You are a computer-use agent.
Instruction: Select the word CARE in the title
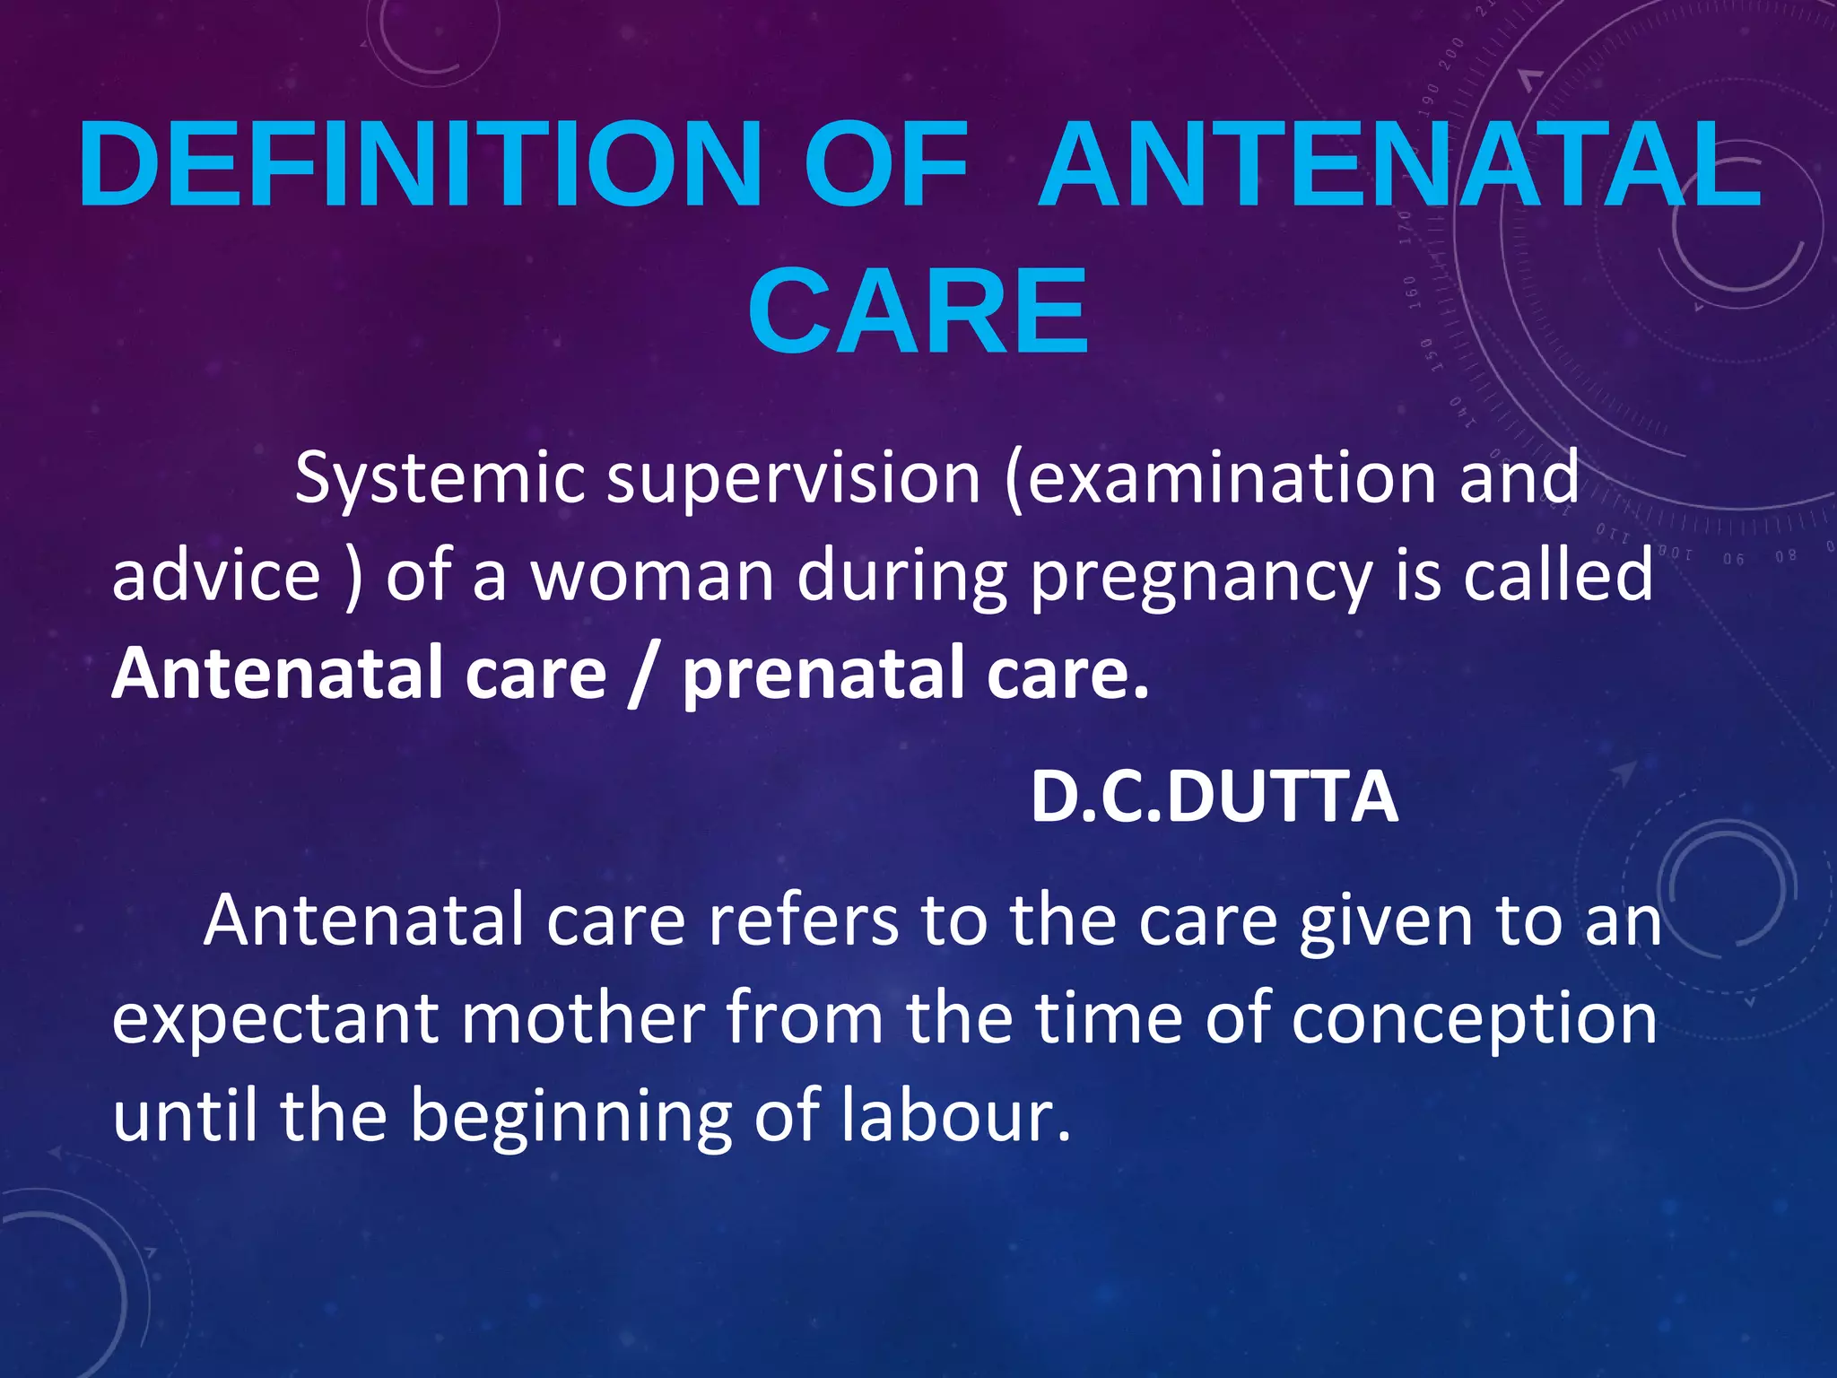coord(918,311)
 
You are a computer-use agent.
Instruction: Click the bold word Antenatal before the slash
coord(276,673)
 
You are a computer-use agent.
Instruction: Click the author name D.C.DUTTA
coord(1214,797)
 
